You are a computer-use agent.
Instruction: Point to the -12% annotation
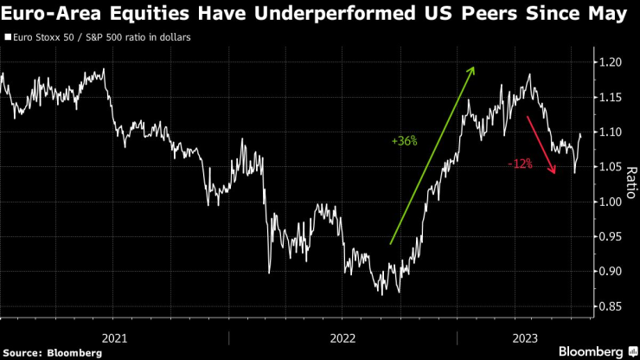pyautogui.click(x=520, y=163)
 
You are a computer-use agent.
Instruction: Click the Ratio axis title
pyautogui.click(x=631, y=183)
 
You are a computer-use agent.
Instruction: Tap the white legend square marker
pyautogui.click(x=8, y=38)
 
